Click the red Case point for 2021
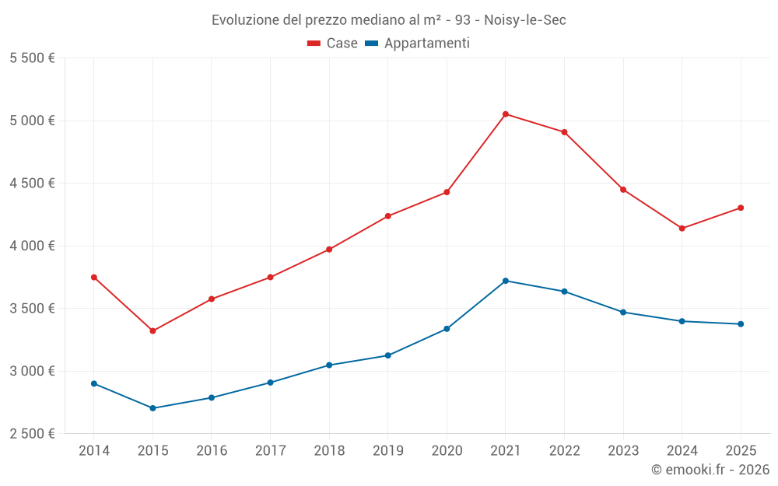click(x=506, y=114)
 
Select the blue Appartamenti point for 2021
click(x=506, y=281)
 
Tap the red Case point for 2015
click(x=152, y=331)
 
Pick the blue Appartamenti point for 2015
click(x=152, y=408)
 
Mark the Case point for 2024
click(x=682, y=229)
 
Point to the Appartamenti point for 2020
click(x=447, y=329)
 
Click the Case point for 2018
click(x=329, y=250)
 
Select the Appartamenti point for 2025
click(x=741, y=324)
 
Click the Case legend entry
click(x=333, y=44)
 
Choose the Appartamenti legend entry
click(x=418, y=44)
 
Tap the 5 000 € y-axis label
click(x=32, y=121)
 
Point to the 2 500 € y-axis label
click(x=32, y=434)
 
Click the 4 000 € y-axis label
click(x=32, y=246)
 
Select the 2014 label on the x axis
click(x=94, y=451)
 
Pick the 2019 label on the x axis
click(x=388, y=451)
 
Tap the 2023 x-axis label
click(x=623, y=451)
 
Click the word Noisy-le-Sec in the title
click(x=525, y=19)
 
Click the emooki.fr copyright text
click(x=710, y=470)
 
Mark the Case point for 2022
click(x=564, y=132)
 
